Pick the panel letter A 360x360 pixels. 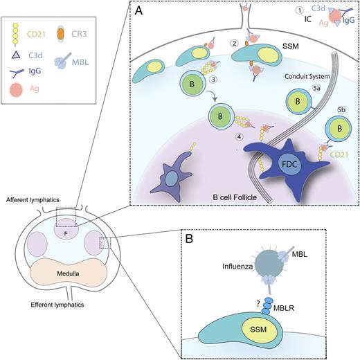[x=138, y=11]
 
